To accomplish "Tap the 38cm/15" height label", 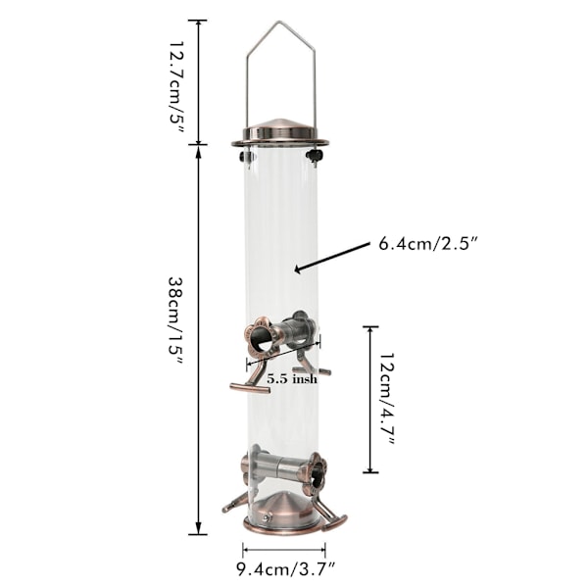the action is click(x=175, y=321).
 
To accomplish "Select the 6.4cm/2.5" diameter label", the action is click(x=428, y=244).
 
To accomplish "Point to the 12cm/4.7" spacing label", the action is click(x=388, y=399).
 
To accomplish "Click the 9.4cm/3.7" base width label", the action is click(x=286, y=570).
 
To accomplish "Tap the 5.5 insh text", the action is click(x=292, y=379).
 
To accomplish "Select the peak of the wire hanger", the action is click(x=278, y=22).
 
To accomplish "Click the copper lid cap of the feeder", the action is click(x=280, y=133).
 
